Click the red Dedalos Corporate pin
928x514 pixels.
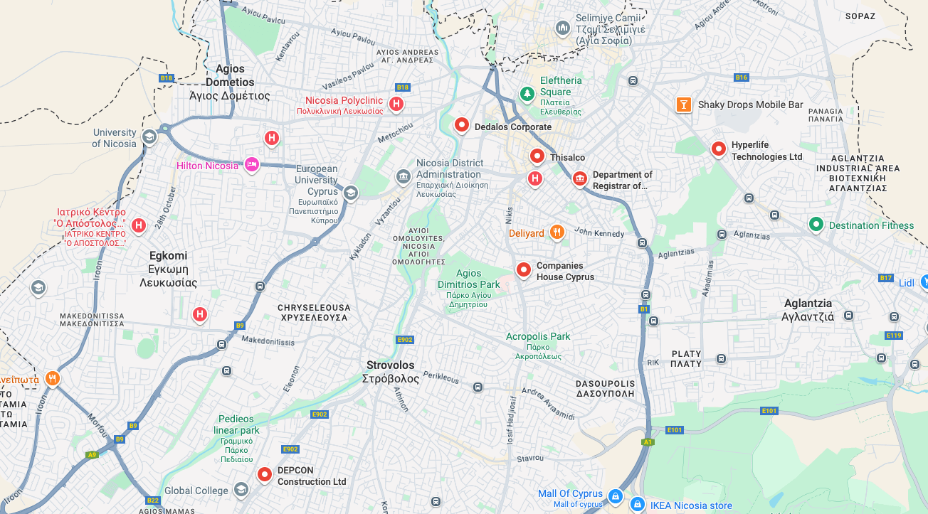click(x=462, y=125)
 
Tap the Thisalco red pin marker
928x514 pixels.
click(x=537, y=156)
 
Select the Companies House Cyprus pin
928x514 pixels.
click(x=524, y=269)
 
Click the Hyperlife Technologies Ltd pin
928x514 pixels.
click(x=719, y=149)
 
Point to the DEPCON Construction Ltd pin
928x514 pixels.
click(x=265, y=473)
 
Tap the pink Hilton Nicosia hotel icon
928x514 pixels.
click(x=251, y=165)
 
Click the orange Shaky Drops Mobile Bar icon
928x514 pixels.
click(x=683, y=105)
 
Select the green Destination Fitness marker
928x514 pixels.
click(x=816, y=225)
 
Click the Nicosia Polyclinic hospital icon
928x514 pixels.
click(x=396, y=105)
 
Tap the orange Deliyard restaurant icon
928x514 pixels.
click(x=557, y=231)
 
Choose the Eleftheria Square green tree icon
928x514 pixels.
click(x=527, y=93)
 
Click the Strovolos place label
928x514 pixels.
click(x=390, y=371)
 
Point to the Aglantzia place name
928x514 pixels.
click(x=808, y=309)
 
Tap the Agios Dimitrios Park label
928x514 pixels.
click(x=468, y=279)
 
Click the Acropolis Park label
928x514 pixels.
click(x=538, y=336)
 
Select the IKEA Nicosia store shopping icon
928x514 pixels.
click(x=637, y=504)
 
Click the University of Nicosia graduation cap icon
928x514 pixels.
click(x=149, y=136)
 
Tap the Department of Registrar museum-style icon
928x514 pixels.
click(x=579, y=178)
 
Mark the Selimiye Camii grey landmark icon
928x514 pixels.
click(x=563, y=28)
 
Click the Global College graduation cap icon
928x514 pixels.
click(x=241, y=489)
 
